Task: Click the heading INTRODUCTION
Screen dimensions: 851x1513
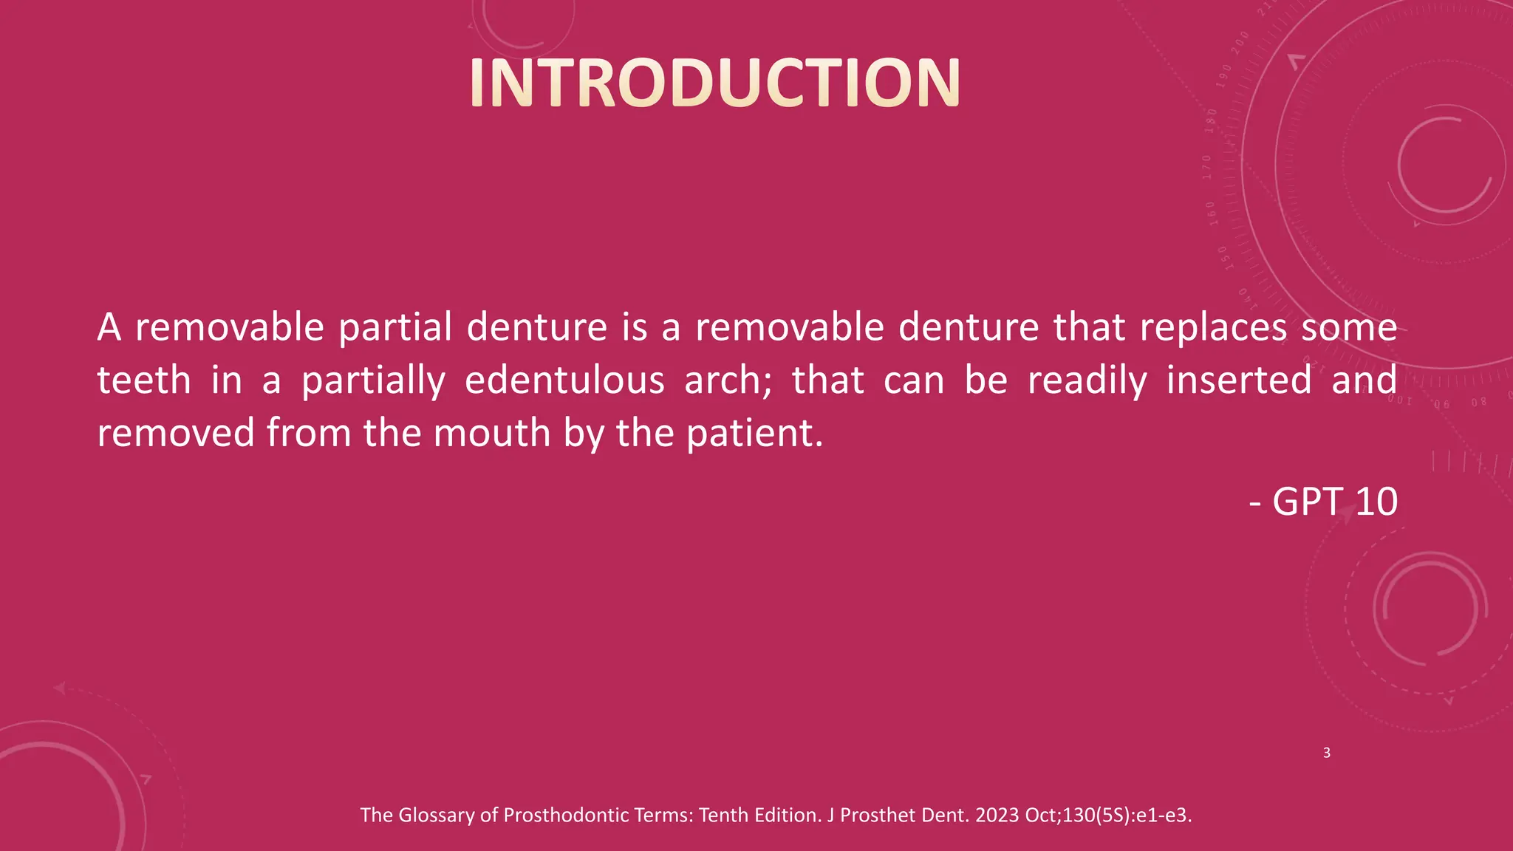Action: click(x=714, y=83)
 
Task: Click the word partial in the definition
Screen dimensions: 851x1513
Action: click(x=395, y=327)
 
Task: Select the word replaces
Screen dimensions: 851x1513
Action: click(x=1212, y=327)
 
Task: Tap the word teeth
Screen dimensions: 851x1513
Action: click(x=144, y=380)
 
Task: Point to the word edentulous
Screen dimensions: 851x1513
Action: click(x=564, y=380)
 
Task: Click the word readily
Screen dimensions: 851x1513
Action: click(x=1087, y=380)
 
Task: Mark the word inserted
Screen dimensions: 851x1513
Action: click(x=1239, y=380)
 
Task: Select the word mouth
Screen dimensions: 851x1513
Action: click(x=492, y=433)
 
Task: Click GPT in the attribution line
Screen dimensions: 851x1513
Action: click(x=1307, y=502)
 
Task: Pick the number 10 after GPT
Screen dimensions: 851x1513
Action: click(x=1376, y=502)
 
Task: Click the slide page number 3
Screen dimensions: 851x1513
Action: click(x=1327, y=753)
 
